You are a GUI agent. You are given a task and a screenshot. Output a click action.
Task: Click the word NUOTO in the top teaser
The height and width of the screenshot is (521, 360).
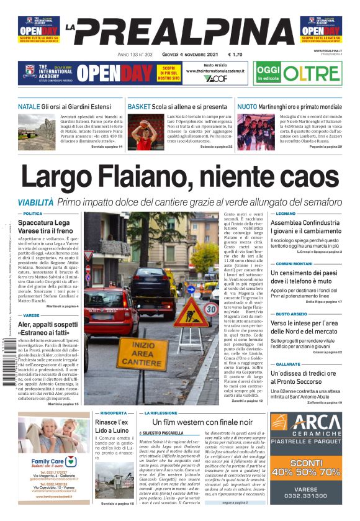[x=247, y=107]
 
